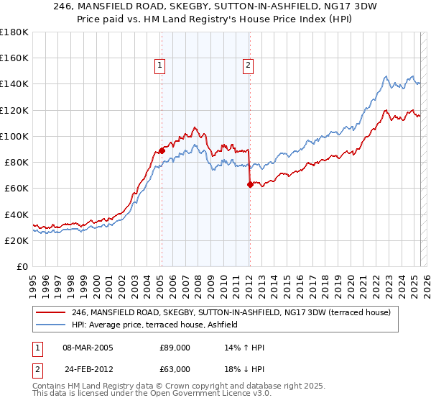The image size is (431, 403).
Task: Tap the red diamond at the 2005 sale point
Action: coord(161,150)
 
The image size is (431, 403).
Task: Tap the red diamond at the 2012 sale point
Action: coord(249,184)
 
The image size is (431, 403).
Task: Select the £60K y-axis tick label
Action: coord(17,189)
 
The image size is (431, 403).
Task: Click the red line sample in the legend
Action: coord(50,312)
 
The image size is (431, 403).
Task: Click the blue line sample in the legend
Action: coord(50,325)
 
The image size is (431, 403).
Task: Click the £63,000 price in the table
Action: coord(175,368)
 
